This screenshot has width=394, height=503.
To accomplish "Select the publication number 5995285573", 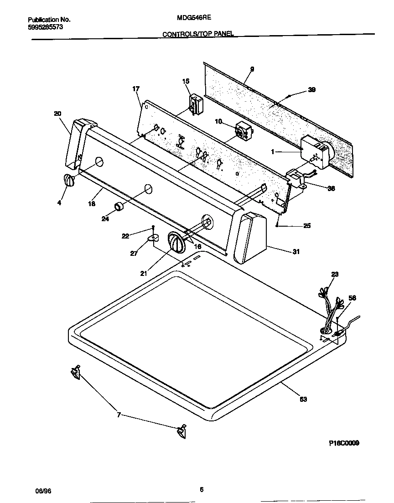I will pos(45,27).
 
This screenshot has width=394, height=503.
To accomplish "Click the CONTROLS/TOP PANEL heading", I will pos(198,34).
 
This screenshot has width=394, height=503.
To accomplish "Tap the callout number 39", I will pos(311,89).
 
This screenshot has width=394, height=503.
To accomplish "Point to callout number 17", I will pos(136,88).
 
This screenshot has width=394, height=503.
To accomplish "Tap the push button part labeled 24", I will pos(119,206).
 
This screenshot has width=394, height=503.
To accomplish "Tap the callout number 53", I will pos(303,399).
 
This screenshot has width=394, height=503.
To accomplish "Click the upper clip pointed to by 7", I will pos(75,373).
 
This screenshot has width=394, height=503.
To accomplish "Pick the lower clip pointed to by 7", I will pos(181,431).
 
